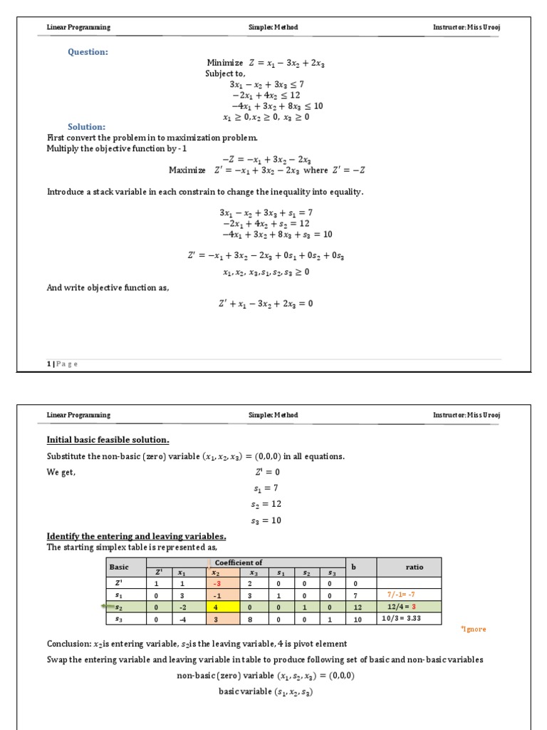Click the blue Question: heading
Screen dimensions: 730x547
pyautogui.click(x=88, y=51)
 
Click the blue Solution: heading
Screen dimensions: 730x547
pyautogui.click(x=87, y=127)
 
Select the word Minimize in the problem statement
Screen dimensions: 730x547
pyautogui.click(x=224, y=63)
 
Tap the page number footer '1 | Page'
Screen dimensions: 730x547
pyautogui.click(x=63, y=364)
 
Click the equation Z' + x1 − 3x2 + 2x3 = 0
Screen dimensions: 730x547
pyautogui.click(x=266, y=303)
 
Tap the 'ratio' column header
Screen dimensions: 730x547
pyautogui.click(x=414, y=567)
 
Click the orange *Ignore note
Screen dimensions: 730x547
pyautogui.click(x=473, y=629)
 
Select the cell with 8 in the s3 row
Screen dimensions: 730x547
pyautogui.click(x=253, y=620)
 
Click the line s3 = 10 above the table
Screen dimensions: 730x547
pyautogui.click(x=266, y=520)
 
